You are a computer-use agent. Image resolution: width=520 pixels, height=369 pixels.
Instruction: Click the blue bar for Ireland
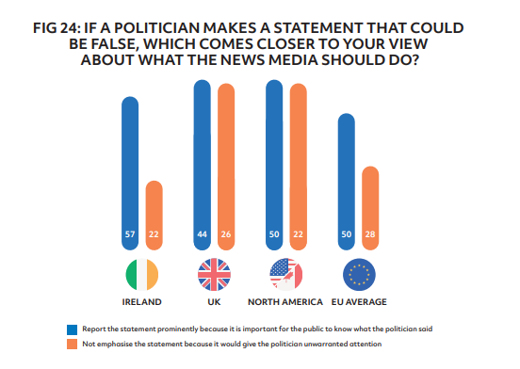pyautogui.click(x=130, y=169)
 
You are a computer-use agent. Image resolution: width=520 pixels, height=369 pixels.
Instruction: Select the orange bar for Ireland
pyautogui.click(x=154, y=212)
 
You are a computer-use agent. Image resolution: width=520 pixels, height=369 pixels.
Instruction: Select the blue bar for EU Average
pyautogui.click(x=346, y=179)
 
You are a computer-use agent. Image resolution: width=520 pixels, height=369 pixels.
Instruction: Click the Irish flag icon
pyautogui.click(x=142, y=274)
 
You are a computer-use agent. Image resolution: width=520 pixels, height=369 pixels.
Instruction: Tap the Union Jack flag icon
pyautogui.click(x=213, y=274)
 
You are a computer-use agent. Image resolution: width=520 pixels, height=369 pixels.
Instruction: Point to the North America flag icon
pyautogui.click(x=285, y=274)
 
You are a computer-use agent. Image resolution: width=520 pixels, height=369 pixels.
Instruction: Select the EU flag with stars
pyautogui.click(x=358, y=274)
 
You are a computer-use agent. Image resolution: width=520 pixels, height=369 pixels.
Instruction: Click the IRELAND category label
pyautogui.click(x=142, y=303)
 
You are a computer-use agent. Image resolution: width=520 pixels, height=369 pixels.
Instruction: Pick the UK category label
pyautogui.click(x=213, y=303)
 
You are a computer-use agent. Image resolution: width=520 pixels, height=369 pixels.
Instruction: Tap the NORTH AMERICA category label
pyautogui.click(x=285, y=303)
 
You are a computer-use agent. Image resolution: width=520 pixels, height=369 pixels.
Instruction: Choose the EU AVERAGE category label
pyautogui.click(x=358, y=303)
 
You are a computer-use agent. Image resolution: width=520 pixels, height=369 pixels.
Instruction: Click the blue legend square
pyautogui.click(x=73, y=329)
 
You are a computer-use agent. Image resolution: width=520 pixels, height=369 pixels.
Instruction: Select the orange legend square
pyautogui.click(x=73, y=345)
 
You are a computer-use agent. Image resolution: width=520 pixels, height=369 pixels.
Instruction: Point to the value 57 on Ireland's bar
pyautogui.click(x=130, y=233)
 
